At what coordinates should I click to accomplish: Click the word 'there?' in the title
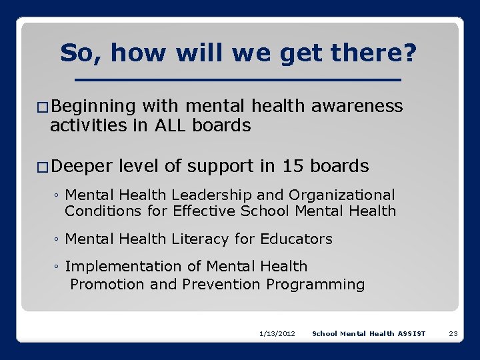(x=373, y=53)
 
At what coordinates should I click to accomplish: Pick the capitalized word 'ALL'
(x=175, y=125)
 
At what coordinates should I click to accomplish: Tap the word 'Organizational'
(x=341, y=195)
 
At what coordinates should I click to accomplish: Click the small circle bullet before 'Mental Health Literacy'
(x=57, y=239)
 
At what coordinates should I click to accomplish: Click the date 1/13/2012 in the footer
(x=277, y=333)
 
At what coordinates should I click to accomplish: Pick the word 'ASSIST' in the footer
(x=411, y=333)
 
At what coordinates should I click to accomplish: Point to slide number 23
(x=453, y=333)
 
